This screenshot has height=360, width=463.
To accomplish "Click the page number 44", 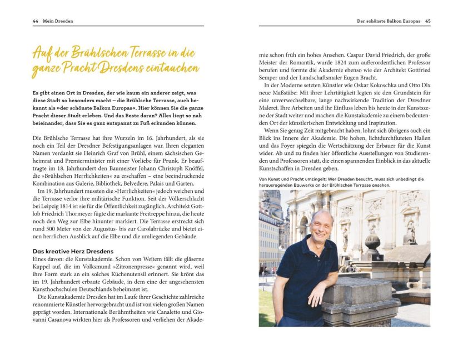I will [x=35, y=21].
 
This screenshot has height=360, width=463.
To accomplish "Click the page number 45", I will [x=427, y=21].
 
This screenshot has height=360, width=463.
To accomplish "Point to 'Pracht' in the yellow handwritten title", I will [x=91, y=69].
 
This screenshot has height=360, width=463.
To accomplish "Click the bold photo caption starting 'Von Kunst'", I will [x=341, y=182].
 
